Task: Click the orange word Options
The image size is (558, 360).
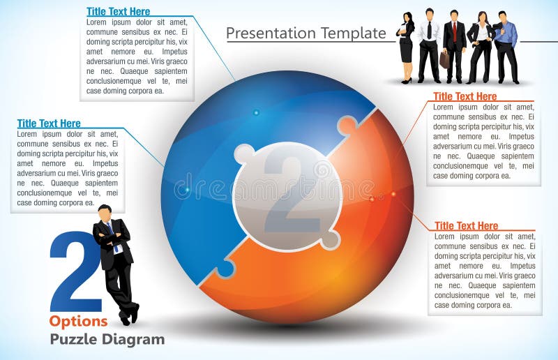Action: (x=78, y=321)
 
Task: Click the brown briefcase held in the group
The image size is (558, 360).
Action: (x=444, y=59)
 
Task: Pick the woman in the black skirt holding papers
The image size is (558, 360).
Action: (x=406, y=45)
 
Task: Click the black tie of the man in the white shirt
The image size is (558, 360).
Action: (x=429, y=29)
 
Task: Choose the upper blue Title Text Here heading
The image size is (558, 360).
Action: (x=118, y=11)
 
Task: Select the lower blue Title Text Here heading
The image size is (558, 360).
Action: (x=49, y=123)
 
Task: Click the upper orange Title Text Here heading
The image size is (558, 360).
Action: (x=465, y=96)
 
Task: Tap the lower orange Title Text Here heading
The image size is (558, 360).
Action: (x=466, y=225)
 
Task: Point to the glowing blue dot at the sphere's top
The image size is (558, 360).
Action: (x=256, y=112)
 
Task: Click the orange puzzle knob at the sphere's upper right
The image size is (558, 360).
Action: (x=346, y=126)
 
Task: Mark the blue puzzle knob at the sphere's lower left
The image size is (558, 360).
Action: (x=225, y=269)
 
